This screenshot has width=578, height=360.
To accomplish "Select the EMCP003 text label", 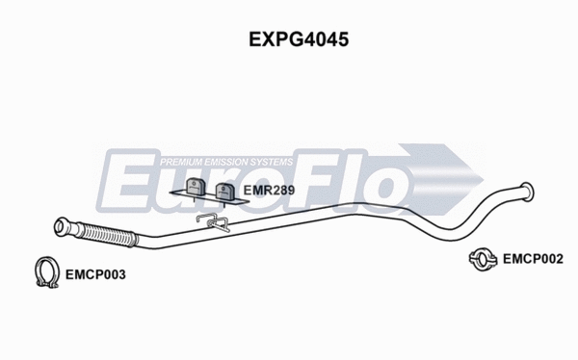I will [95, 273].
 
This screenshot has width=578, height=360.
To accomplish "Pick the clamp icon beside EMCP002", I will [480, 257].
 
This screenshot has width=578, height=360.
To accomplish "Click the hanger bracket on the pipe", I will [211, 222].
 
